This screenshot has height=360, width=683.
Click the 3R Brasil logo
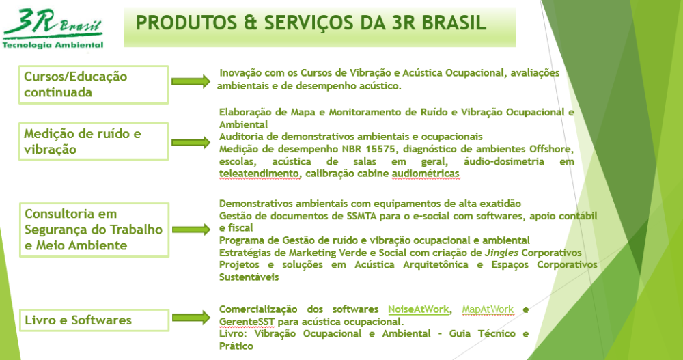click(53, 29)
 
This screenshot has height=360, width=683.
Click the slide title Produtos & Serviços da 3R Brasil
click(311, 23)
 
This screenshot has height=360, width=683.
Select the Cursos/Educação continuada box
click(94, 85)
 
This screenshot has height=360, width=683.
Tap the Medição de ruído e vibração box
click(94, 141)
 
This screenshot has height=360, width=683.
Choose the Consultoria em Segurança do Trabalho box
click(94, 230)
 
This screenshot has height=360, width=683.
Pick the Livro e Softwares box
click(94, 320)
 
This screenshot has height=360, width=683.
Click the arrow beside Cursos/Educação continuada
click(191, 81)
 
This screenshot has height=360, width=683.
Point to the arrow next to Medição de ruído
click(191, 143)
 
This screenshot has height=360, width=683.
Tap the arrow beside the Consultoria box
click(191, 230)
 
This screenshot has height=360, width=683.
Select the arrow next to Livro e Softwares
click(191, 317)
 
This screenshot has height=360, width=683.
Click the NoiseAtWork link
click(418, 309)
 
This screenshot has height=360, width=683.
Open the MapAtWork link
click(488, 309)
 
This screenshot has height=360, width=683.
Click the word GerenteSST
click(247, 322)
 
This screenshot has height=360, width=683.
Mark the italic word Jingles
click(501, 253)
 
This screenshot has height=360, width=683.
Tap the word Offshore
click(550, 149)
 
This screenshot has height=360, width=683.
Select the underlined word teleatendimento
click(259, 174)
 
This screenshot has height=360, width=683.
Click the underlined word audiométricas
click(426, 174)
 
